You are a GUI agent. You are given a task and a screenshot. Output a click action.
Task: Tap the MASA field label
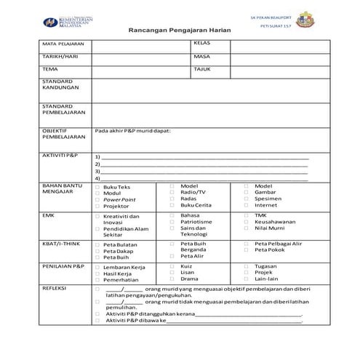point(201,56)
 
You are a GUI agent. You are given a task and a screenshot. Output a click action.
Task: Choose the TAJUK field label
point(202,69)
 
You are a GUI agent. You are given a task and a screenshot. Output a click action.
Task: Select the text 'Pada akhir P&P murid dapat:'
point(132,130)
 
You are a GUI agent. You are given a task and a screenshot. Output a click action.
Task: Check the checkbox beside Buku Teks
point(97,187)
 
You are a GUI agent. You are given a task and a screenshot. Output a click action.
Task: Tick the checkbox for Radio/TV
point(172,192)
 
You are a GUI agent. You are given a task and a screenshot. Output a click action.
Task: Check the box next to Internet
point(247,205)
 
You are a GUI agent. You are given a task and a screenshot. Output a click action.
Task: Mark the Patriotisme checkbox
point(172,222)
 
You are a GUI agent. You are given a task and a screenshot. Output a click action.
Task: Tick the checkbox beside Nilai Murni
point(247,228)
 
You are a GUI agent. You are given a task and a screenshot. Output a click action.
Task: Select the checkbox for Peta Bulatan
point(97,245)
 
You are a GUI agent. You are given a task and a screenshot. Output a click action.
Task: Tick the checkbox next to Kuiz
point(172,266)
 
